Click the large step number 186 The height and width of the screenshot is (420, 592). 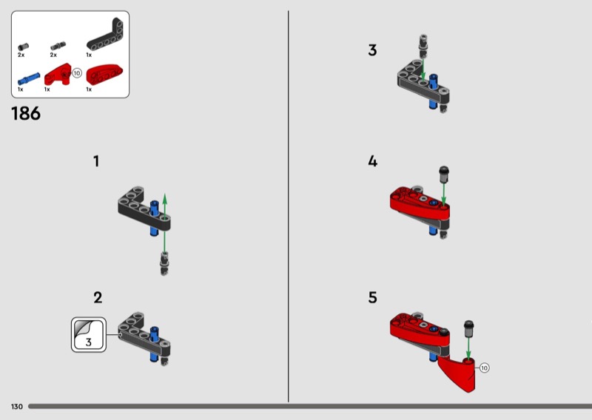click(26, 114)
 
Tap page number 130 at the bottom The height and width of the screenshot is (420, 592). click(16, 407)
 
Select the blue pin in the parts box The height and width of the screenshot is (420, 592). click(29, 79)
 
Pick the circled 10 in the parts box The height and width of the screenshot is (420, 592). click(77, 72)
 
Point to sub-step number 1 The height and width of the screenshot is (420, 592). click(96, 161)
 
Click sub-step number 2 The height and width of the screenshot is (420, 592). click(98, 298)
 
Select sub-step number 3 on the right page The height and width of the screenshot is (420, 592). click(372, 50)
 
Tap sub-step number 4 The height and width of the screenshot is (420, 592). click(373, 161)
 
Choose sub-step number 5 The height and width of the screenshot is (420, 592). click(373, 298)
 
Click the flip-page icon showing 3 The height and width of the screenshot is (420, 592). click(89, 335)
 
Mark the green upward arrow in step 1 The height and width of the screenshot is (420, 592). click(164, 223)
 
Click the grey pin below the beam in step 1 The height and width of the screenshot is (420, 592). click(164, 263)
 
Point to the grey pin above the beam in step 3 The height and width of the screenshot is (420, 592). click(423, 45)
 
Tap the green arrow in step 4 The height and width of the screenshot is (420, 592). click(443, 194)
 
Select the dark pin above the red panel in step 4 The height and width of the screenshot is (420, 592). click(443, 175)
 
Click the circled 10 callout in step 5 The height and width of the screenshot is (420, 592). click(485, 367)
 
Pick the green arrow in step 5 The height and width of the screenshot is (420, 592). click(468, 349)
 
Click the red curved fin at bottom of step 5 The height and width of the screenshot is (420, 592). click(460, 374)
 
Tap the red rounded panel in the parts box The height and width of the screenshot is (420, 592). click(104, 75)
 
